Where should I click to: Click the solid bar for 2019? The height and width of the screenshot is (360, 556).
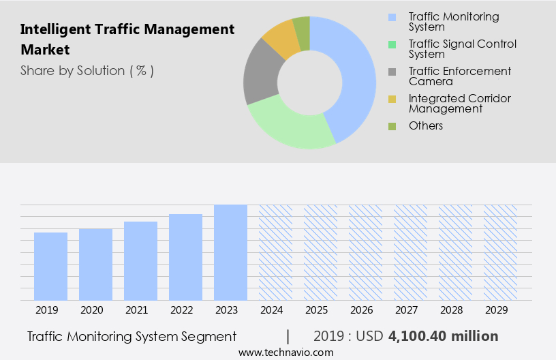click(x=50, y=266)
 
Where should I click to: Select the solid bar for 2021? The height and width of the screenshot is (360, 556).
click(x=140, y=260)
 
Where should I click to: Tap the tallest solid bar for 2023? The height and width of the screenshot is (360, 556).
click(x=230, y=252)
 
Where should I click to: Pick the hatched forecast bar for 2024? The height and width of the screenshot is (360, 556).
click(x=275, y=252)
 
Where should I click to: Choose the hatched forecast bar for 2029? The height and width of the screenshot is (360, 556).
click(x=500, y=252)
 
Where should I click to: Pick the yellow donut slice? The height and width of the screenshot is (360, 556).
click(x=281, y=40)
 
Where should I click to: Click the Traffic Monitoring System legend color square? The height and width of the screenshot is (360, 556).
click(x=391, y=17)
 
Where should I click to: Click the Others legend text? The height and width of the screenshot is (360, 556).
click(x=426, y=125)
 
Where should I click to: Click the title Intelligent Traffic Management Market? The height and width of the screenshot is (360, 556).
click(x=127, y=40)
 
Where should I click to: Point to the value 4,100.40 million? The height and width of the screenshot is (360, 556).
click(x=443, y=336)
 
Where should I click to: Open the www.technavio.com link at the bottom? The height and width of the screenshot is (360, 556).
click(x=286, y=352)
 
